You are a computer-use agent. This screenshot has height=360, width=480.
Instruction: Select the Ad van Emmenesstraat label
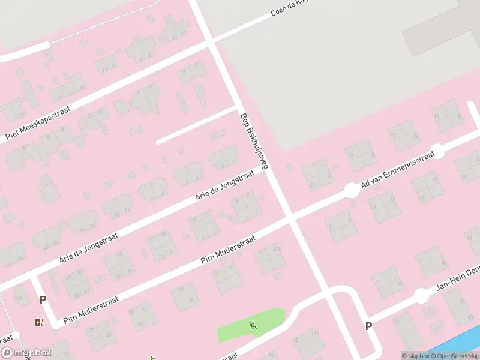click(398, 169)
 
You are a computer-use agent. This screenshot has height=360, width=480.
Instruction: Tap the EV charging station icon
click(40, 323)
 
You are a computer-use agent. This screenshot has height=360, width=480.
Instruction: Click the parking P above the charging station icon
click(43, 299)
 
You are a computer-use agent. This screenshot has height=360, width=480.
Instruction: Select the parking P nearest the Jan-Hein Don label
click(368, 326)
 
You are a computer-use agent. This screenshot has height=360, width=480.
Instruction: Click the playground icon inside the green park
click(253, 325)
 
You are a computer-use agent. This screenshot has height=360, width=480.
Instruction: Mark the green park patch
click(240, 328)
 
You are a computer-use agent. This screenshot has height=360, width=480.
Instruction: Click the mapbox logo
click(26, 353)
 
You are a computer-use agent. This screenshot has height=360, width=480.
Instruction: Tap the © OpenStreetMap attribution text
click(454, 356)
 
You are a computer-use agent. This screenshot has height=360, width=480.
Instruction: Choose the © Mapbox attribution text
click(415, 356)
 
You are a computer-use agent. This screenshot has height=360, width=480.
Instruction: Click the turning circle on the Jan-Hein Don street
click(422, 296)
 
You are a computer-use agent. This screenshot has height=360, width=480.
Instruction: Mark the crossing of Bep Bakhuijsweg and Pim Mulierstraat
click(292, 219)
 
